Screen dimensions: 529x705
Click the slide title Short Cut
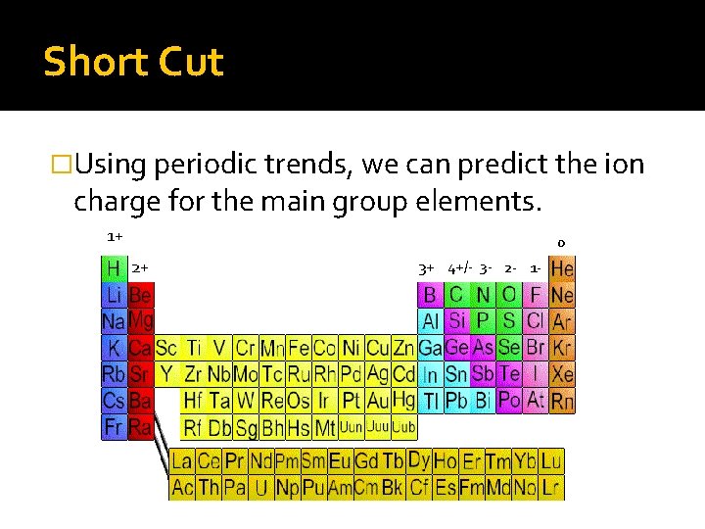coord(133,62)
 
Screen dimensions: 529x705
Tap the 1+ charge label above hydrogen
coord(115,236)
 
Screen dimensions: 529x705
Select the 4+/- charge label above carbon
coord(461,267)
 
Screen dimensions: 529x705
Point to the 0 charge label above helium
coord(561,243)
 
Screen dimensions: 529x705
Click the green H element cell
coord(114,267)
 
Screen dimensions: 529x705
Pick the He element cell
coord(563,267)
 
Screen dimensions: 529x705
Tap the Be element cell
coord(140,294)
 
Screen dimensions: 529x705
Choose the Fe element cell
coord(298,348)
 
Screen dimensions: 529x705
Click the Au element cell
coord(377,401)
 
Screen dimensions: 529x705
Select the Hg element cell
coord(403,401)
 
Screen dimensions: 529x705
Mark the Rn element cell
coord(563,401)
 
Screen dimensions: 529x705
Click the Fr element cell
coord(114,427)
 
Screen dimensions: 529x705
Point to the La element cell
coord(182,461)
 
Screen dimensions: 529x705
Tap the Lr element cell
coord(552,487)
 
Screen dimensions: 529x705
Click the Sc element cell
coord(166,348)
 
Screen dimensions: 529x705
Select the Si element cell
coord(456,320)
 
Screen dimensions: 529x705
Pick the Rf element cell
coord(193,427)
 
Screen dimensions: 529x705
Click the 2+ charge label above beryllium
coord(140,267)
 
